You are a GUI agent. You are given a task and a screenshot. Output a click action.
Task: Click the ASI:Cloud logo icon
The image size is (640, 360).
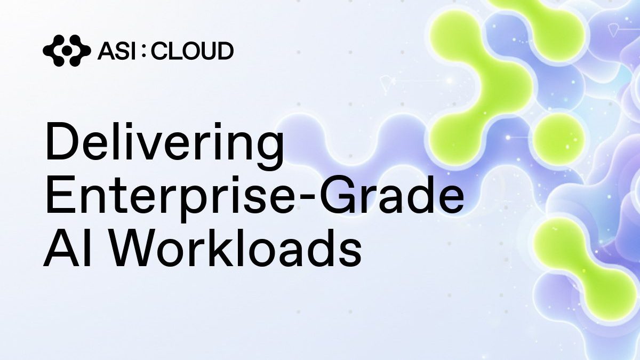pos(67,51)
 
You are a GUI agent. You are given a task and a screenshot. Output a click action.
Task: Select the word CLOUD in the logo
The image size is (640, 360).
pos(193,51)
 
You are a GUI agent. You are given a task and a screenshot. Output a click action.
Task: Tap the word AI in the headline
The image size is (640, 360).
pos(67,247)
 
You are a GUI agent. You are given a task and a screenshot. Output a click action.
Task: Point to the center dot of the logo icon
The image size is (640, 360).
pos(67,51)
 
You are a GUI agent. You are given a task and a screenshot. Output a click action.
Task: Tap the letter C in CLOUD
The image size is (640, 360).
pos(159,51)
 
